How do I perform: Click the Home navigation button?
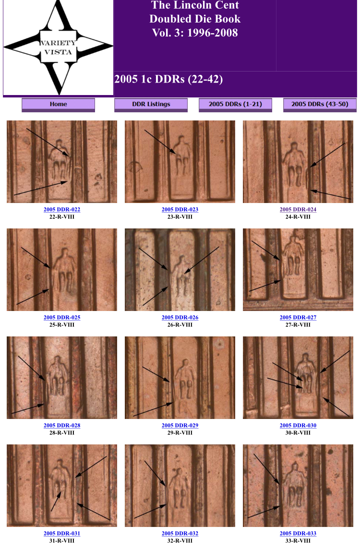[x=58, y=105]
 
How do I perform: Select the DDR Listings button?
[x=151, y=105]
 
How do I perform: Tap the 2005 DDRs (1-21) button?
[x=235, y=105]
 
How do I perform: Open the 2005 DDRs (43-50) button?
[x=320, y=105]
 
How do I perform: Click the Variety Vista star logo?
[x=58, y=48]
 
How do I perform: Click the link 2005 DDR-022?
[x=62, y=209]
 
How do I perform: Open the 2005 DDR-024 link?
[x=298, y=209]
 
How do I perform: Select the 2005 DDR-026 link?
[x=180, y=317]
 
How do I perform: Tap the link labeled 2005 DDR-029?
[x=180, y=426]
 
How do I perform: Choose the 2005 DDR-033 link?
[x=298, y=534]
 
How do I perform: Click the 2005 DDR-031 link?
[x=62, y=534]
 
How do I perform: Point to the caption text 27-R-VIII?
[x=298, y=325]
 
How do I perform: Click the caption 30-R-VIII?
[x=298, y=433]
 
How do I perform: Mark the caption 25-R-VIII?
[x=62, y=325]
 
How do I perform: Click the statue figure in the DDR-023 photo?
[x=182, y=155]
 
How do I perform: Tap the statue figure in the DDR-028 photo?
[x=57, y=376]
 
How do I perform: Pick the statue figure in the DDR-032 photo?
[x=180, y=488]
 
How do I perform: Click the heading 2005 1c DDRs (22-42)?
[x=168, y=79]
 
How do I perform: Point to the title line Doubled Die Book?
[x=195, y=19]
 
